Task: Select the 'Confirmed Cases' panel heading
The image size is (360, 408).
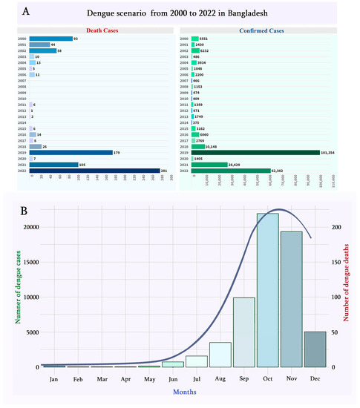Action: [x=259, y=30]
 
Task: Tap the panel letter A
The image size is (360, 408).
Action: [x=27, y=13]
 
